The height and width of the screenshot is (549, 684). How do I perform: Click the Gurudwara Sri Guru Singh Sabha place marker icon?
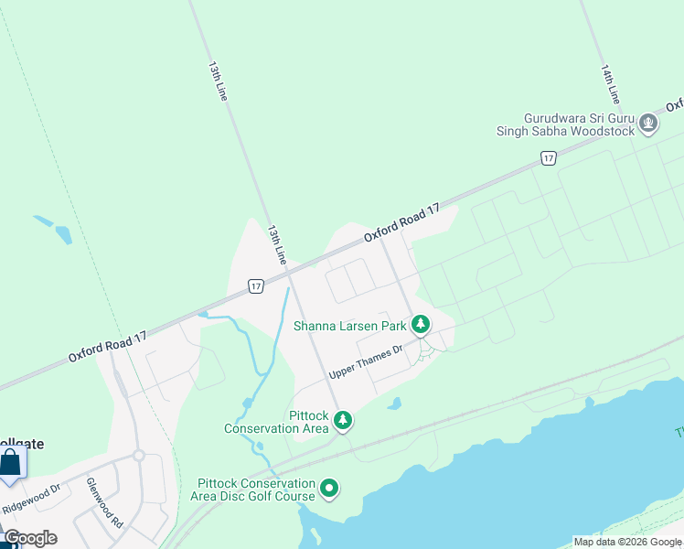point(648,124)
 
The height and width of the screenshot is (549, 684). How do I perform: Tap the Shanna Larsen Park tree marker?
point(421,325)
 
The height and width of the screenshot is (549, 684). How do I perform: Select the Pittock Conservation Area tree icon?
point(343,421)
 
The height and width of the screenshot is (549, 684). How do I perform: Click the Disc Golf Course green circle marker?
point(329,490)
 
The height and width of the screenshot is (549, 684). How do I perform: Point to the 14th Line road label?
point(611,83)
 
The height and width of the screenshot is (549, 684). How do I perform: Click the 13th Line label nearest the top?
point(217,81)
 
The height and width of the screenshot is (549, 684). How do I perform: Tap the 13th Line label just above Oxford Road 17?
point(277,244)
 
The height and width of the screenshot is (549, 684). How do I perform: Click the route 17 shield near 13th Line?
point(257,286)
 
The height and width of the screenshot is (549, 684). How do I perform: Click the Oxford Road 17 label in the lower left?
point(107,347)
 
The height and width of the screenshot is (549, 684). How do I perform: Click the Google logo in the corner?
point(29,538)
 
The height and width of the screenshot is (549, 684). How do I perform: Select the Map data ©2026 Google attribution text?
point(627,542)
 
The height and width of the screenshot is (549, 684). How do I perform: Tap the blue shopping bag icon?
point(10,464)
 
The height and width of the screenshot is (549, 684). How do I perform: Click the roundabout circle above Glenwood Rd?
point(139,455)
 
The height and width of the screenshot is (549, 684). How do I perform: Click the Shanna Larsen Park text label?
point(349,325)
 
